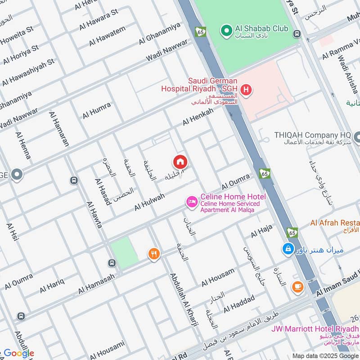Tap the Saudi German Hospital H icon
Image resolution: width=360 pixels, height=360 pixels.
point(246,91)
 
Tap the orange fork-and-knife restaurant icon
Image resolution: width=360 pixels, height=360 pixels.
point(154,255)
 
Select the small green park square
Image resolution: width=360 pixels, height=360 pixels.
point(125,253)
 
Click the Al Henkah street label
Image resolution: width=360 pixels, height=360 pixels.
point(198,117)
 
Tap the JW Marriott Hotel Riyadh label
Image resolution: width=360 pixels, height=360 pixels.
point(315,328)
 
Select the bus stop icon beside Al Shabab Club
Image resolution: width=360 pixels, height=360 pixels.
point(297,33)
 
